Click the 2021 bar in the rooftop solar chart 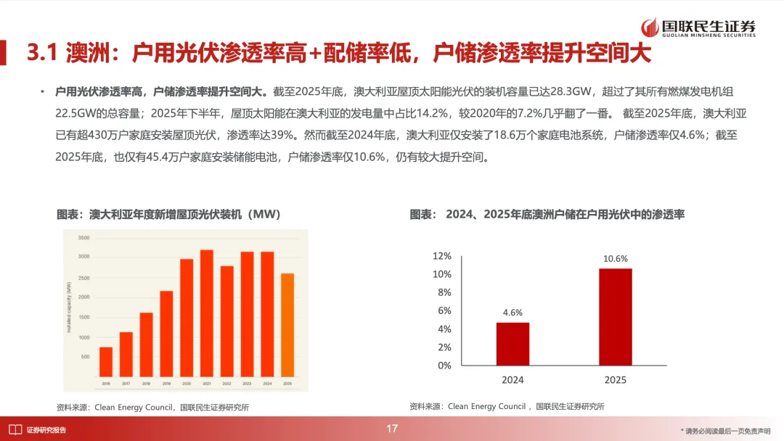[x=207, y=313]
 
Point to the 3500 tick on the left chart [x=83, y=238]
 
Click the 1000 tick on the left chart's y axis [x=83, y=338]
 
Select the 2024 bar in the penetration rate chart [x=513, y=344]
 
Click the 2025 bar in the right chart [x=615, y=317]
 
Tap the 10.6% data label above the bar [x=615, y=259]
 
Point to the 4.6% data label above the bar [x=513, y=313]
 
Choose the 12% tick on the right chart [x=441, y=256]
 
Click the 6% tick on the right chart [x=444, y=310]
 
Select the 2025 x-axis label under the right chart [x=615, y=380]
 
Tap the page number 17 [x=392, y=429]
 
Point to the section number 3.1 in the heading [x=41, y=54]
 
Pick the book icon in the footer [x=14, y=429]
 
